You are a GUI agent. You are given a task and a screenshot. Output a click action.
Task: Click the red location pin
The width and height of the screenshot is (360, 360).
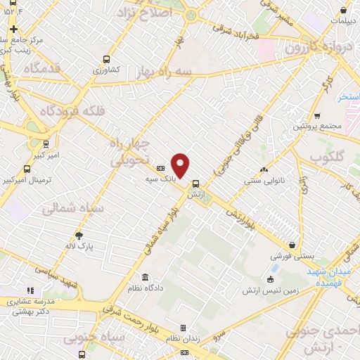(181, 165)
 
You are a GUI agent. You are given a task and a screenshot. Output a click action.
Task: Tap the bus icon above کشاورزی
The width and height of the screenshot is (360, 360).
(106, 60)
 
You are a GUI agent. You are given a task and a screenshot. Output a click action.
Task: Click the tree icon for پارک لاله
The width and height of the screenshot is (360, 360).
(79, 235)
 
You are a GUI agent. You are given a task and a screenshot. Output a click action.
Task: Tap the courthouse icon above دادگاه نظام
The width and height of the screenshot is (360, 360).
(146, 276)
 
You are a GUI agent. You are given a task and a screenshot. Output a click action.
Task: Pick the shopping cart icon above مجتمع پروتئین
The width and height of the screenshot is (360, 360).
(317, 115)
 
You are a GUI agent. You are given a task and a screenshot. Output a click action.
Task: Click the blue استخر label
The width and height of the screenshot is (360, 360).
(348, 96)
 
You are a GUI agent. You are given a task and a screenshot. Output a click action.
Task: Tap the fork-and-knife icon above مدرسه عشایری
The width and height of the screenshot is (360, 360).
(30, 289)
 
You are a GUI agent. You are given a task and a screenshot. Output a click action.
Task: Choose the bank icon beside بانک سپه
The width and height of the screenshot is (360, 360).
(160, 169)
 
